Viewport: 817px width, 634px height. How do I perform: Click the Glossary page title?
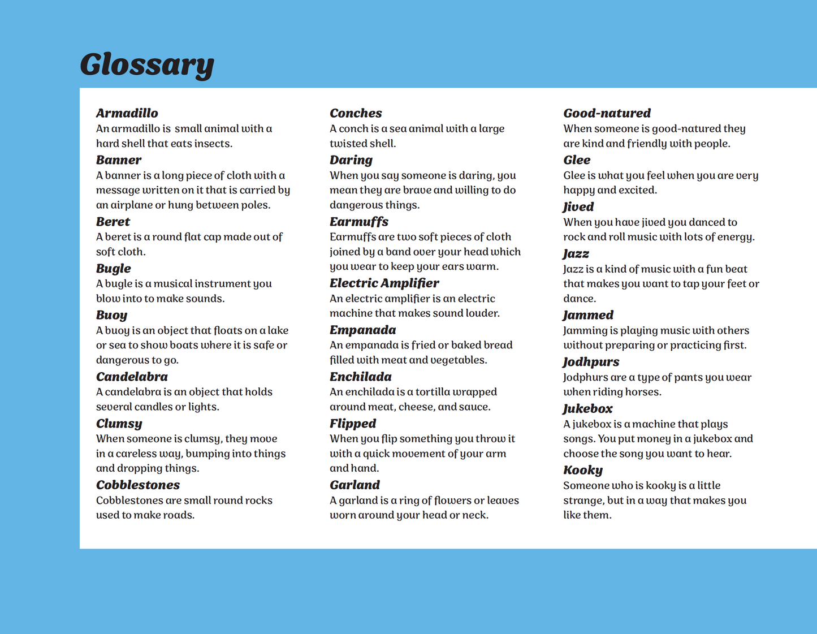tap(147, 64)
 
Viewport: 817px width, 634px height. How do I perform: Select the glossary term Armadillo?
tap(127, 113)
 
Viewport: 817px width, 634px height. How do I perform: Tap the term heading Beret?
tap(113, 222)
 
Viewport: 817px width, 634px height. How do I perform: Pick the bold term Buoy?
tap(111, 315)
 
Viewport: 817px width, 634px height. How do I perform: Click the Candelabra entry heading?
tap(132, 377)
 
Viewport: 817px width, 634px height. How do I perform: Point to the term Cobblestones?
tap(138, 485)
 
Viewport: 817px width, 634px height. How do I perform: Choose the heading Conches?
tap(356, 113)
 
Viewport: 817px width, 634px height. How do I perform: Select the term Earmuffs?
tap(359, 222)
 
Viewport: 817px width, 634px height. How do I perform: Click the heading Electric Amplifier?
tap(384, 283)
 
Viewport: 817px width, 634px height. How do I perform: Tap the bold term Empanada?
tap(362, 330)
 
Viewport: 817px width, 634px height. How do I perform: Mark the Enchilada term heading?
tap(361, 377)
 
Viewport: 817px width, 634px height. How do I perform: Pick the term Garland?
tap(355, 485)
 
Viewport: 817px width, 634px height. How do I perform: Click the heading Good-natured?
tap(607, 113)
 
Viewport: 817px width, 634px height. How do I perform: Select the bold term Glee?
tap(577, 160)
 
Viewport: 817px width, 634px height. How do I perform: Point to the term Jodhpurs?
tap(591, 362)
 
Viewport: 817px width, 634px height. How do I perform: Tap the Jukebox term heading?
tap(587, 409)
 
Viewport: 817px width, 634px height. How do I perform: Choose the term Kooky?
tap(583, 471)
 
